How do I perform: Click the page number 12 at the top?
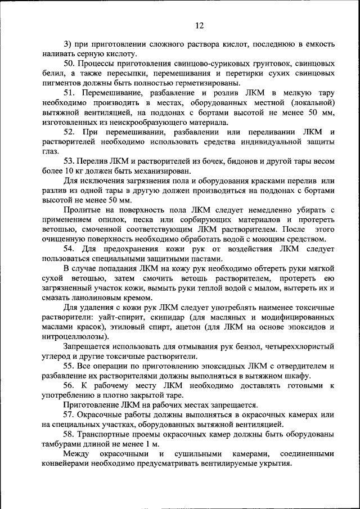tap(199, 25)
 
